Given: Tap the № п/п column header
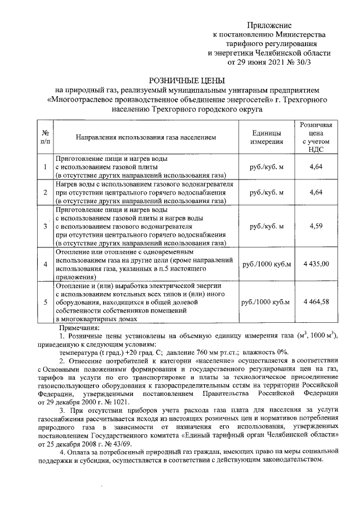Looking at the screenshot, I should [45, 137].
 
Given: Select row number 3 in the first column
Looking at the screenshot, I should [45, 226].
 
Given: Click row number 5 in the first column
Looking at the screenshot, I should [45, 302].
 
